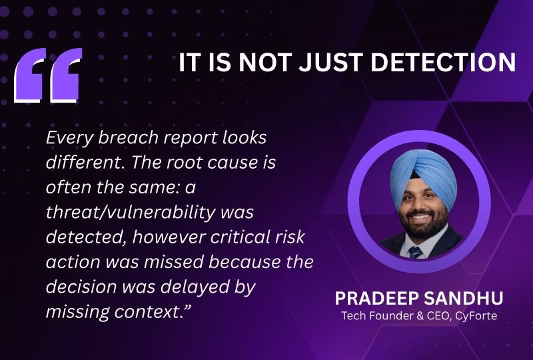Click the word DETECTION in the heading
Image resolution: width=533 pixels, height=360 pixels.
coord(443,62)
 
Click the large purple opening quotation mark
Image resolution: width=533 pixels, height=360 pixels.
coord(48,75)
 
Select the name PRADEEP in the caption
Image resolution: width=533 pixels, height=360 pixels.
coord(376,298)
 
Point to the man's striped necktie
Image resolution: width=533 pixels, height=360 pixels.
coord(415,252)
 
